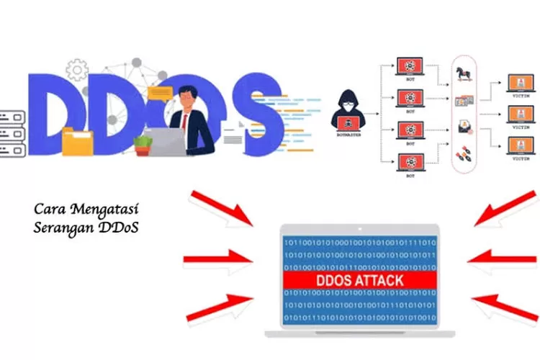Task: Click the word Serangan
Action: pyautogui.click(x=61, y=228)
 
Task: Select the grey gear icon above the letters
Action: pyautogui.click(x=77, y=70)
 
